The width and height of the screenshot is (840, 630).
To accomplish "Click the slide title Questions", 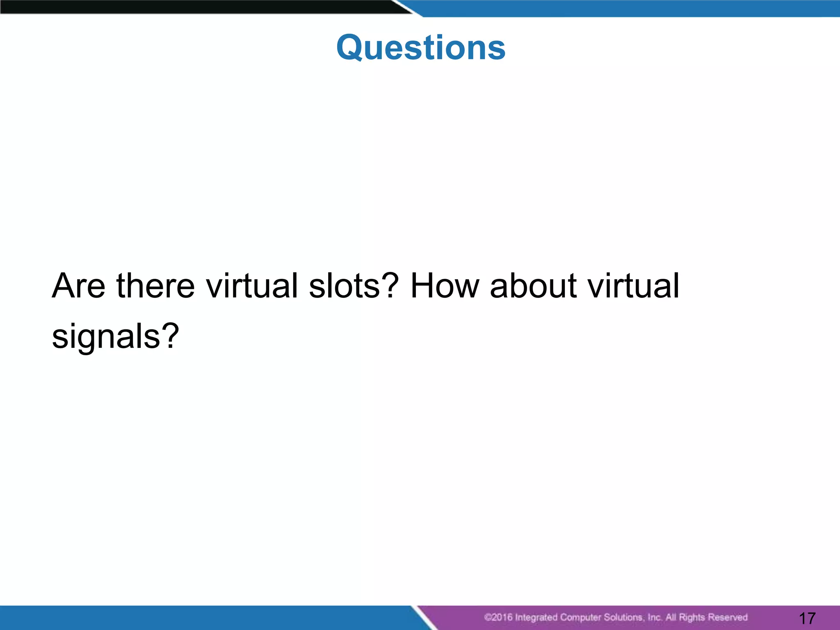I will (421, 48).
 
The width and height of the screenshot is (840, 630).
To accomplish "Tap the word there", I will (155, 286).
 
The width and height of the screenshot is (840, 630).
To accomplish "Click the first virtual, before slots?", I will (252, 286).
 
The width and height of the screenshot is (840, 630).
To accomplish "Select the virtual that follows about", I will (633, 286).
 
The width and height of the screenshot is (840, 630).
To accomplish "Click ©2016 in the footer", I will (498, 617).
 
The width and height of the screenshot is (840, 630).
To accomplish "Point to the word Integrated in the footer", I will (536, 617).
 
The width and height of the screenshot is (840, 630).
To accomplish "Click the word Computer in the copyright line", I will (580, 617).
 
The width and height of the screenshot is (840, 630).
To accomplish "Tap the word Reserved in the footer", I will (728, 617).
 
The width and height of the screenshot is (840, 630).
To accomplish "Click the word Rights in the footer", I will (692, 617).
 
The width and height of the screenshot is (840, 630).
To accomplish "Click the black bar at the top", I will (197, 7).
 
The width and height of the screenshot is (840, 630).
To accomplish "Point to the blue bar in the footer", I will (205, 618).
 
